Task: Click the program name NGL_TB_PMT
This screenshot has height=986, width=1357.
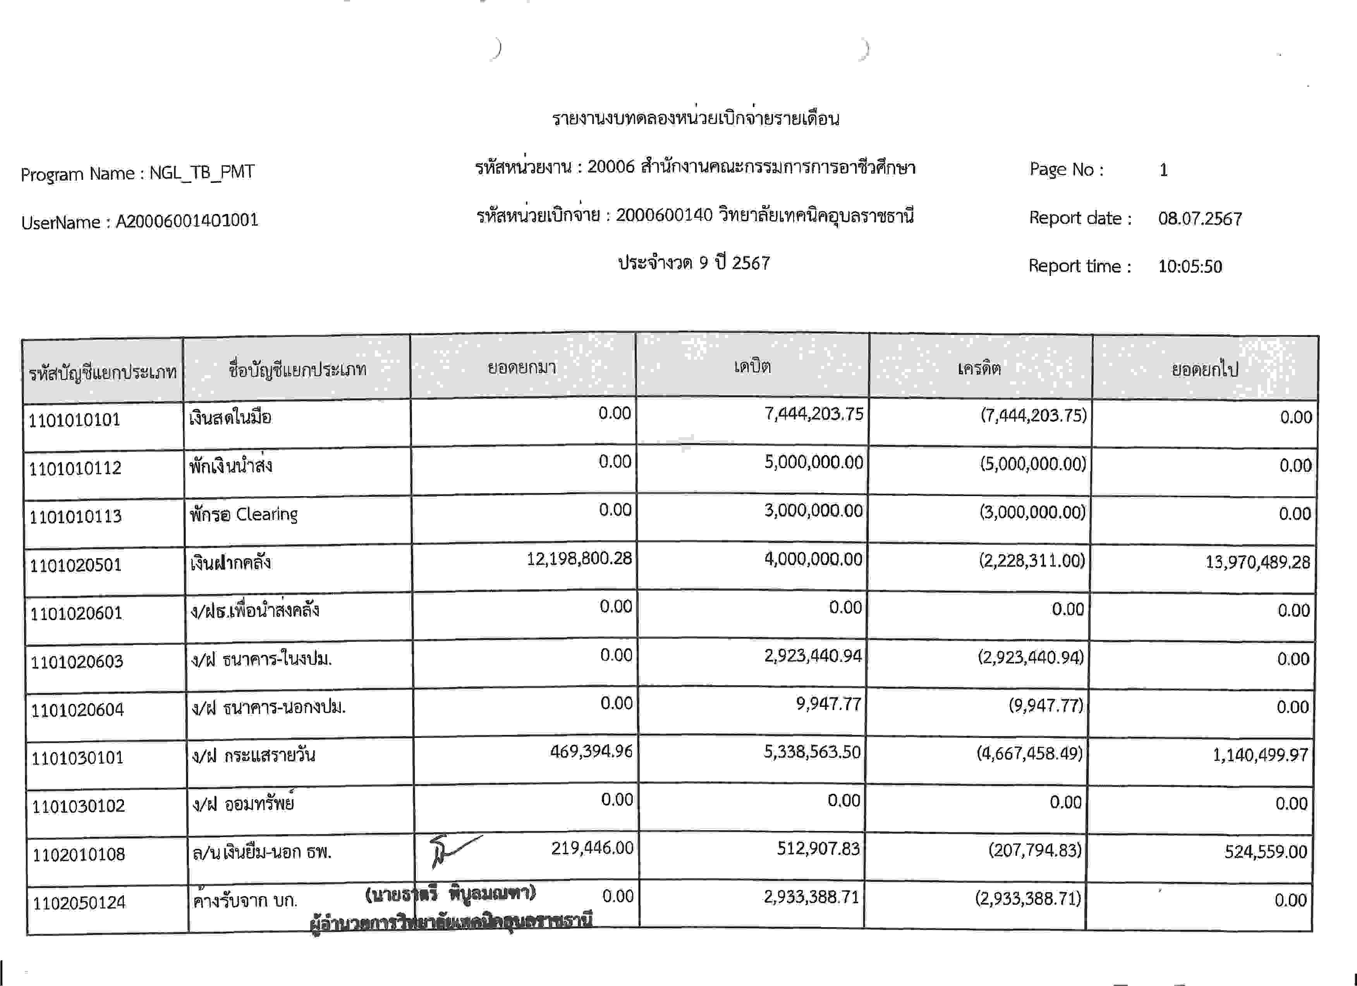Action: click(x=202, y=172)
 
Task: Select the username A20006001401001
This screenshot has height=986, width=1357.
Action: click(x=187, y=221)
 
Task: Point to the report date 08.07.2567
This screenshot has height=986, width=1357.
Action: click(x=1200, y=219)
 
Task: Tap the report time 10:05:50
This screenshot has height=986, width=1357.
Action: click(x=1189, y=266)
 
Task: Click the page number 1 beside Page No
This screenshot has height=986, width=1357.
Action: click(x=1163, y=170)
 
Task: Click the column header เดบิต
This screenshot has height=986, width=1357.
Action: click(x=752, y=366)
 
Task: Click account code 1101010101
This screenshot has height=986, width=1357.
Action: click(x=74, y=420)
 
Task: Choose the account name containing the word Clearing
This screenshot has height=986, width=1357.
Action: click(x=244, y=515)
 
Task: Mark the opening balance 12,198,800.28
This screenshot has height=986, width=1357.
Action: click(x=579, y=559)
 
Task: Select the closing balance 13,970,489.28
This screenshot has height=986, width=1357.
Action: click(x=1257, y=562)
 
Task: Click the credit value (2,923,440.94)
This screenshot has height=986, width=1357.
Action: click(x=1030, y=657)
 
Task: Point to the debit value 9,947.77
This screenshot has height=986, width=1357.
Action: click(x=828, y=704)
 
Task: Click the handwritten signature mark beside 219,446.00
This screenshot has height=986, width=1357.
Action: click(x=452, y=850)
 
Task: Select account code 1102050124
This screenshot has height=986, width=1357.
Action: click(x=79, y=903)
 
